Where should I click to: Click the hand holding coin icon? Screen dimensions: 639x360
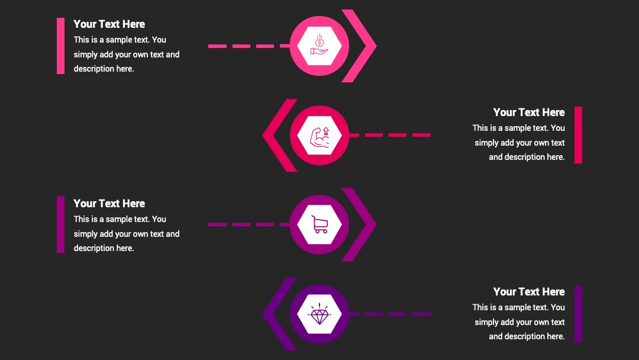319,45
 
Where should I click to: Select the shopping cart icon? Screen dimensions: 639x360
319,224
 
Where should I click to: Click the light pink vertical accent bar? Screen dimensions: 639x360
61,46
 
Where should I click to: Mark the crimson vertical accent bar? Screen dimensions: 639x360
578,135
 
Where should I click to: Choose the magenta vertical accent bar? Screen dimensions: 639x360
61,224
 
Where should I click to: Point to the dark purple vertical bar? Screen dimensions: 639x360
578,314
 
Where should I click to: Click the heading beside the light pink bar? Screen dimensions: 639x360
109,24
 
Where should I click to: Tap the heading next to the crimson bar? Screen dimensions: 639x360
529,112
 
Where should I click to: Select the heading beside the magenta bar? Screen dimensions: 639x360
109,204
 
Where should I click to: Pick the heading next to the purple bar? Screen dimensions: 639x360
529,291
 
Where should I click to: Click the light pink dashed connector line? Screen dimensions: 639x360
249,46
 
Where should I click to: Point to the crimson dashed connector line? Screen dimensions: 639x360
390,135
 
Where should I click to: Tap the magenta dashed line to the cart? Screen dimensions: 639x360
249,224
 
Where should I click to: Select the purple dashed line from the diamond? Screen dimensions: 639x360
390,314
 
